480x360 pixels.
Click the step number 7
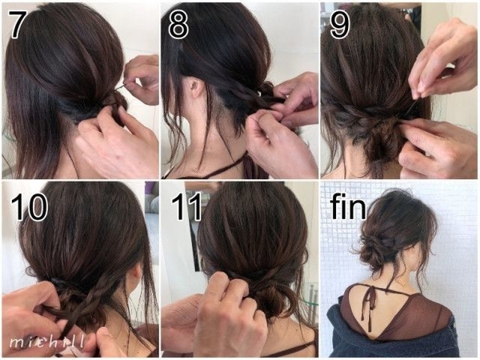[16, 24]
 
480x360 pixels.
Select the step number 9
[340, 25]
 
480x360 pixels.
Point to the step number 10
[29, 206]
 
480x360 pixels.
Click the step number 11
[186, 206]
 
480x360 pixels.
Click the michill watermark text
[47, 342]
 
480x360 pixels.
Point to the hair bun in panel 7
[114, 104]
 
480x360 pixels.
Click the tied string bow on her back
[367, 302]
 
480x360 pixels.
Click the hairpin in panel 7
[122, 87]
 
